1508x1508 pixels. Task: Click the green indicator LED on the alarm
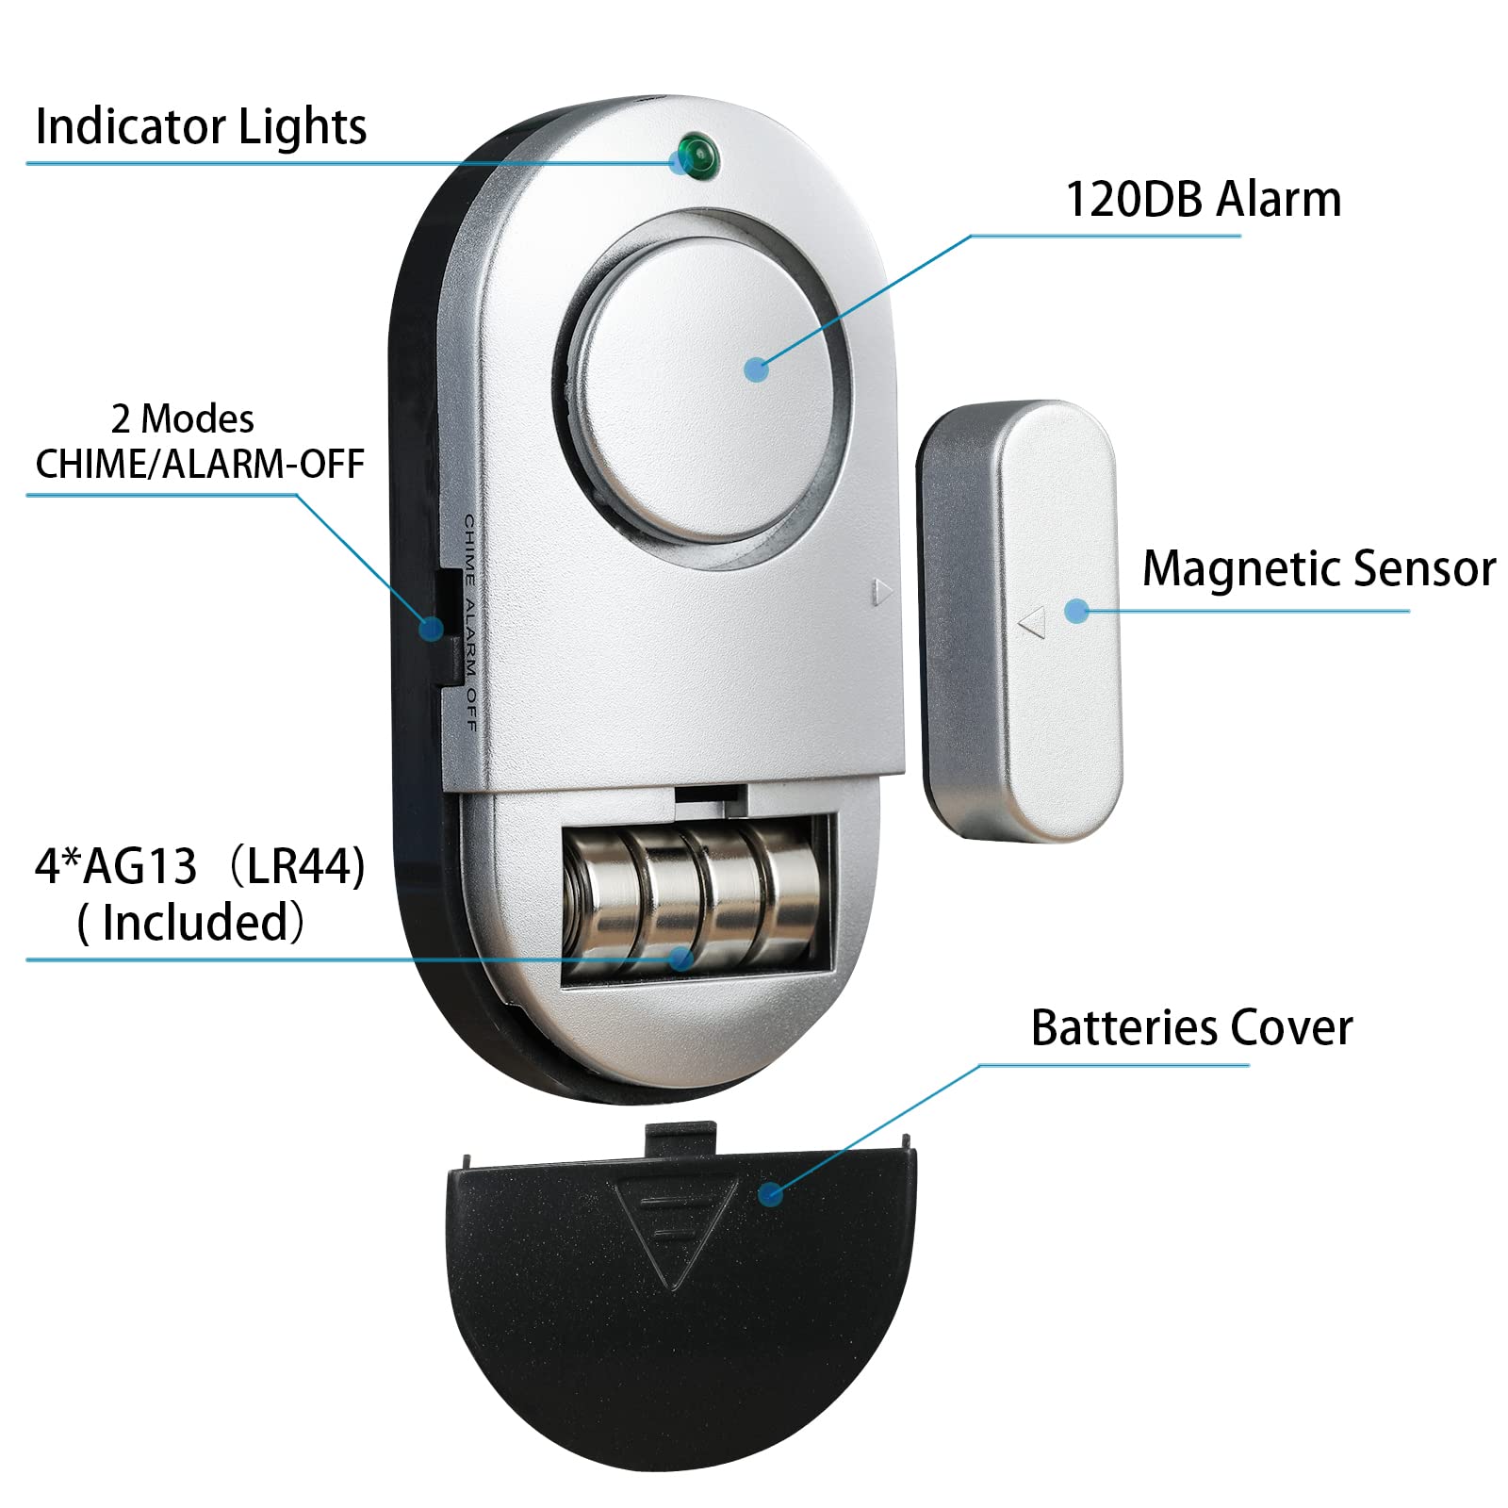point(698,156)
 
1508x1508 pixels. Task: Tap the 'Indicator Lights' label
point(201,127)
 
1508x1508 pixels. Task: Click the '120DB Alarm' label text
point(1203,200)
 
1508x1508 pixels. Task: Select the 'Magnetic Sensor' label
point(1319,569)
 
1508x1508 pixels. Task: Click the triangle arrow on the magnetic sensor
point(1033,621)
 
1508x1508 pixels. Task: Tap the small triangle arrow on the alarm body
point(881,592)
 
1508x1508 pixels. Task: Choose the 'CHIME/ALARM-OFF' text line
point(200,465)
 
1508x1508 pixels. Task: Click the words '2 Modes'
point(183,419)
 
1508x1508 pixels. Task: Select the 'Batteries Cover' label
point(1191,1028)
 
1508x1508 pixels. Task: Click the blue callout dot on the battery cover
point(771,1194)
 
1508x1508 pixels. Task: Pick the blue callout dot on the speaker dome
point(756,369)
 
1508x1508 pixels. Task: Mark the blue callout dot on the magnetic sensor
point(1076,611)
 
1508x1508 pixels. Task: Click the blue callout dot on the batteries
point(680,959)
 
